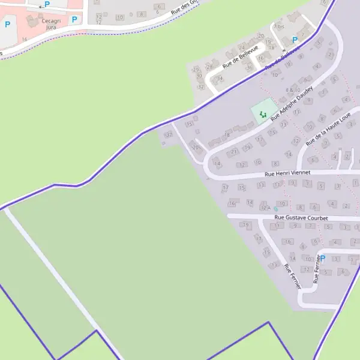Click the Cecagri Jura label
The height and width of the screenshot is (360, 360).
(x=50, y=23)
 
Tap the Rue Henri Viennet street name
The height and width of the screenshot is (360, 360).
(x=287, y=173)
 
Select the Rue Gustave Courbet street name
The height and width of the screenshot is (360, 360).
(x=301, y=218)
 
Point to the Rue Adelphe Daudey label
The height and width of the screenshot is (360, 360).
(x=292, y=103)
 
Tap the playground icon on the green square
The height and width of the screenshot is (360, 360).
(x=262, y=113)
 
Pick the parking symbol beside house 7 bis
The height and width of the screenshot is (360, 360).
(x=295, y=40)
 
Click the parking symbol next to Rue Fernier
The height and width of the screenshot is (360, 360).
(x=322, y=259)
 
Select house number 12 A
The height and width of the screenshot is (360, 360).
(x=265, y=208)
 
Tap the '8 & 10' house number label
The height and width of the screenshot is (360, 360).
(x=293, y=90)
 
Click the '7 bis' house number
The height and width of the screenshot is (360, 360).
(x=278, y=26)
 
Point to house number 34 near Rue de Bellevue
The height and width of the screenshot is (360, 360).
(x=221, y=79)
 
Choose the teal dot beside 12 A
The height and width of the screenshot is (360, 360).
(x=275, y=208)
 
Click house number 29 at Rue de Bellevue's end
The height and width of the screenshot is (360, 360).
(x=195, y=70)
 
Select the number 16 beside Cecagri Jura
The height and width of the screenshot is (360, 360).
(x=25, y=39)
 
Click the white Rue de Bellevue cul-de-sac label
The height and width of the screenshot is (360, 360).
(x=240, y=57)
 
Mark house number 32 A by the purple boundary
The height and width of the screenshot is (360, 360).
(x=168, y=134)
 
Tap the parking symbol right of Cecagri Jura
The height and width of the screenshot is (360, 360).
(x=74, y=19)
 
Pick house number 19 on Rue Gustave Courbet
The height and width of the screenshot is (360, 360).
(x=245, y=225)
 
